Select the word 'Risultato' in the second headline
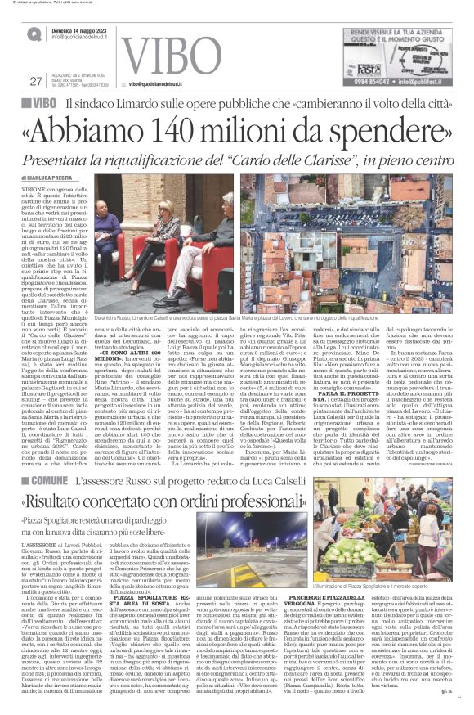[87, 478]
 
